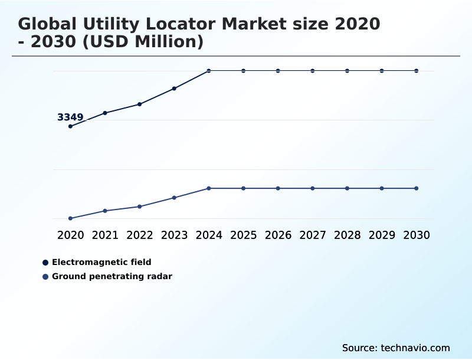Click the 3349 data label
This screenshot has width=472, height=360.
70,117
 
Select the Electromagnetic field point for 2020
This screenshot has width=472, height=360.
70,126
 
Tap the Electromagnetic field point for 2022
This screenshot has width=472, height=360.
140,104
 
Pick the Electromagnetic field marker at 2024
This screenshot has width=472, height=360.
209,71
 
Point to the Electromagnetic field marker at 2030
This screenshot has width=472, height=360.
417,71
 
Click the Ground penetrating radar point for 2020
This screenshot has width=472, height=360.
70,218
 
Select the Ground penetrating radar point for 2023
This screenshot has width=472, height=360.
174,198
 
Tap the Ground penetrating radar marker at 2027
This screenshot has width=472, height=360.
313,188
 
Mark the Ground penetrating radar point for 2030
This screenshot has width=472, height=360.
417,188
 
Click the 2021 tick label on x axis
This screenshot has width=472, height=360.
105,235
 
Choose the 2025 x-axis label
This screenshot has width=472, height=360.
243,235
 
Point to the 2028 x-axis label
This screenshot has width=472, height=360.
347,235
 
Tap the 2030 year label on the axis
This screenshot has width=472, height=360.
417,235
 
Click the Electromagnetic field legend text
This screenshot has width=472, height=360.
101,262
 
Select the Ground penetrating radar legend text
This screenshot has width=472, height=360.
112,276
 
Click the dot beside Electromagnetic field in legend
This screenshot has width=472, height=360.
45,263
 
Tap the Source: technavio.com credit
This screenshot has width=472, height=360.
396,348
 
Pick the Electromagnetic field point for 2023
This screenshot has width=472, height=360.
174,89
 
